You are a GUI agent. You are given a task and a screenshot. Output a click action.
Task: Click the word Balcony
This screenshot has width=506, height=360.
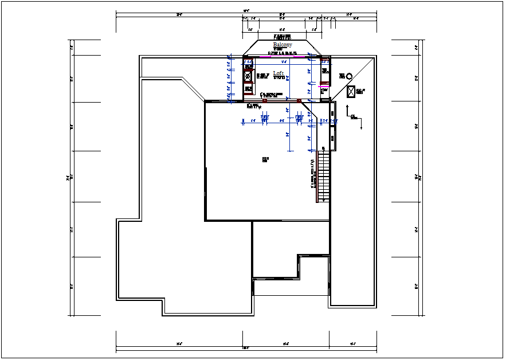pyautogui.click(x=283, y=45)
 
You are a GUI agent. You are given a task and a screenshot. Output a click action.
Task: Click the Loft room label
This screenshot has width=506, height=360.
pyautogui.click(x=279, y=73)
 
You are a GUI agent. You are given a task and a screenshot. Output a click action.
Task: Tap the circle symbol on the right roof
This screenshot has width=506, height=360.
pyautogui.click(x=349, y=76)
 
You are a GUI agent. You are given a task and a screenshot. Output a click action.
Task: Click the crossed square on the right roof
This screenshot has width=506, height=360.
pyautogui.click(x=351, y=91)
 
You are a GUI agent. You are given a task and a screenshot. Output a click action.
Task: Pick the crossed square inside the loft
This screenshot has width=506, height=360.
pyautogui.click(x=248, y=76)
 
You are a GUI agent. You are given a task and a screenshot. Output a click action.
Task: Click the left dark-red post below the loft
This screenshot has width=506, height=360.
pyautogui.click(x=264, y=101)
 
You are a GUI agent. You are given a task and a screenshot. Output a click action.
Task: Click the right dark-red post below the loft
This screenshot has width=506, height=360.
pyautogui.click(x=299, y=101)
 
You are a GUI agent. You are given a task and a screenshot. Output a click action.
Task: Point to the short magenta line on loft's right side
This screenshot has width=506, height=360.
pyautogui.click(x=323, y=86)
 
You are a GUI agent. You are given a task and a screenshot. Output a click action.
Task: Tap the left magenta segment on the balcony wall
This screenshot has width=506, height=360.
pyautogui.click(x=265, y=57)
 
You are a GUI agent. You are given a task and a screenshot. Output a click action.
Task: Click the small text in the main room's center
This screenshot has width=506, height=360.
pyautogui.click(x=265, y=159)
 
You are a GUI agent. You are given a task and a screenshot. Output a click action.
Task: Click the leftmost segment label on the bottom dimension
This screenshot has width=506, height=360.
pyautogui.click(x=179, y=344)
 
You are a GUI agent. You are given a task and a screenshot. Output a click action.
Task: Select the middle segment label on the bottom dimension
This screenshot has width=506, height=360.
pyautogui.click(x=285, y=344)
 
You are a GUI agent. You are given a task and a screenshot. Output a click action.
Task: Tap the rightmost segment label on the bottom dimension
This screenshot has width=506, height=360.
pyautogui.click(x=353, y=344)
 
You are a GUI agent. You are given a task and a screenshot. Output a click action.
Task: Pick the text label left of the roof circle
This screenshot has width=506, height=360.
pyautogui.click(x=342, y=75)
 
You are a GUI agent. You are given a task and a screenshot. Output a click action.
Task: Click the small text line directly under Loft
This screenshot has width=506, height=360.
pyautogui.click(x=279, y=78)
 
